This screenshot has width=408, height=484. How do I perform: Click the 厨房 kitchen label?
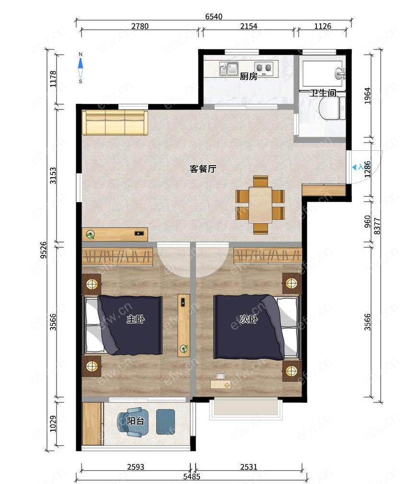coord(248,76)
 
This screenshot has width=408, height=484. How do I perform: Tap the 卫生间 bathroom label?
coord(323,93)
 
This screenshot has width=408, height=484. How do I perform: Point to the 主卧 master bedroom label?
coord(136,319)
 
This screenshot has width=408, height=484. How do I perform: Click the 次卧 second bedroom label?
coord(248,319)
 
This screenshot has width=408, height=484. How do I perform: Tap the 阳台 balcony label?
coord(135,421)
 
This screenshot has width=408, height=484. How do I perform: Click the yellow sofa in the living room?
coord(115,122)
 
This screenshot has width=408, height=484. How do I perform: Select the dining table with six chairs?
coord(260,205)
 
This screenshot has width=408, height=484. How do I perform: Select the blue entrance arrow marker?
coord(354,167)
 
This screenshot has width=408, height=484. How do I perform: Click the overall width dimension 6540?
coord(213,16)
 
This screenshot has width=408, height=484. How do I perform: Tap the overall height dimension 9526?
coord(44,250)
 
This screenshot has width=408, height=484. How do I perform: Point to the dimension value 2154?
coord(249,26)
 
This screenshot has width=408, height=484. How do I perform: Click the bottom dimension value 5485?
coord(192,477)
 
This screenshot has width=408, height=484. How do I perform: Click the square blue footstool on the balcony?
coord(165,422)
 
